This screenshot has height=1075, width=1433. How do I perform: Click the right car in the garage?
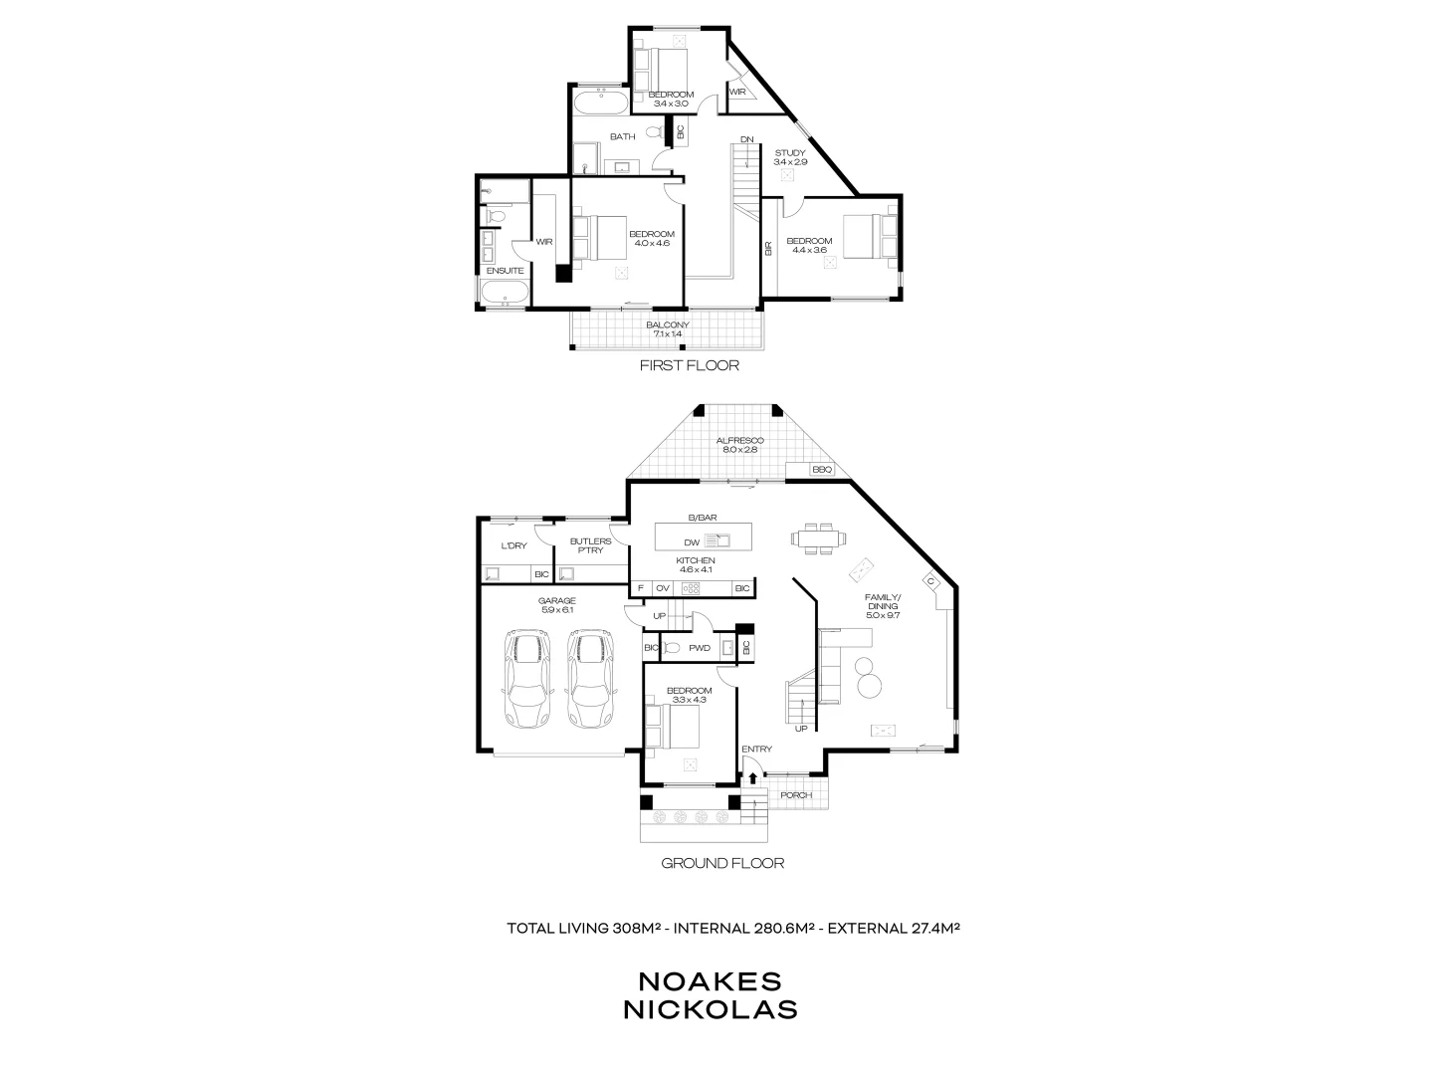pyautogui.click(x=589, y=679)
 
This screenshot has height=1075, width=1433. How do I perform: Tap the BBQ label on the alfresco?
pyautogui.click(x=821, y=470)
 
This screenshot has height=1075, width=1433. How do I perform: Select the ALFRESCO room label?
pyautogui.click(x=739, y=440)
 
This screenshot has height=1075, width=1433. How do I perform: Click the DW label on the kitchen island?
pyautogui.click(x=692, y=542)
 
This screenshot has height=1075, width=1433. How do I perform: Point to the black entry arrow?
pyautogui.click(x=753, y=778)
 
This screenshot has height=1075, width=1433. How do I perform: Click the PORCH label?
pyautogui.click(x=795, y=795)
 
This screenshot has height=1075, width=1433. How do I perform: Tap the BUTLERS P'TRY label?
pyautogui.click(x=586, y=545)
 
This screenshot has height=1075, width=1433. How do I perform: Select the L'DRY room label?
pyautogui.click(x=513, y=545)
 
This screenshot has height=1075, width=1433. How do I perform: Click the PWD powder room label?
pyautogui.click(x=700, y=648)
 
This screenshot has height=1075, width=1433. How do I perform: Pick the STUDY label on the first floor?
pyautogui.click(x=790, y=153)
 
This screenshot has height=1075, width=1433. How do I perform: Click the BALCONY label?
pyautogui.click(x=667, y=325)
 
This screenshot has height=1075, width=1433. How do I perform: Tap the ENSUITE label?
pyautogui.click(x=505, y=271)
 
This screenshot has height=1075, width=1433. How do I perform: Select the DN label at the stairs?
pyautogui.click(x=746, y=138)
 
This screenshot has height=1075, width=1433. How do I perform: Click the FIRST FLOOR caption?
pyautogui.click(x=690, y=365)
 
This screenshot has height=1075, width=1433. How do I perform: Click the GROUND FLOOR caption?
pyautogui.click(x=722, y=863)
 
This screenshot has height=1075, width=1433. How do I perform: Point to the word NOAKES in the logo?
pyautogui.click(x=710, y=980)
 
